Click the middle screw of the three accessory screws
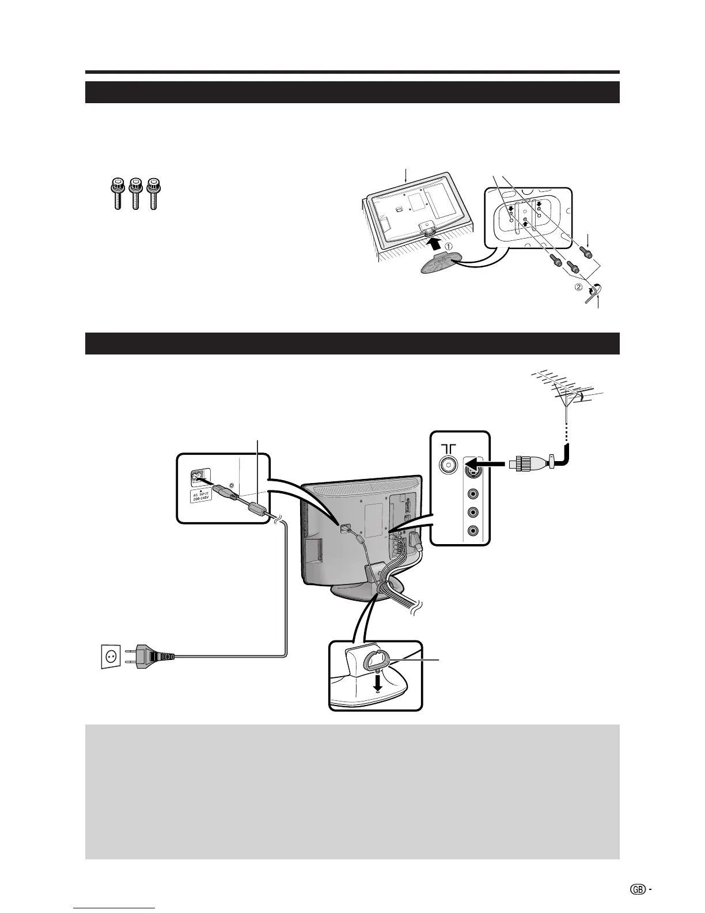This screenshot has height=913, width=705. pos(136,194)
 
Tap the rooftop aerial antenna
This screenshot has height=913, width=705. pos(567,392)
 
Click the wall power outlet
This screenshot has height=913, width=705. pos(111,656)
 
